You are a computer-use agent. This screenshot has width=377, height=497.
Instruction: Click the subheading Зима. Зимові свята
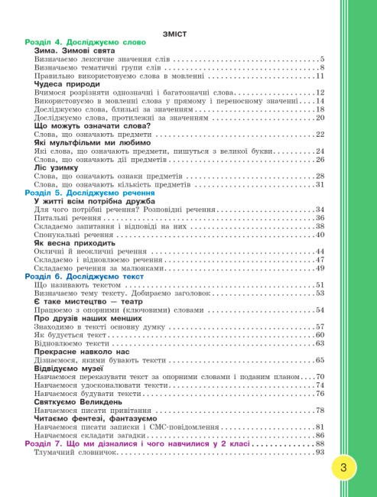tap(74, 50)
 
